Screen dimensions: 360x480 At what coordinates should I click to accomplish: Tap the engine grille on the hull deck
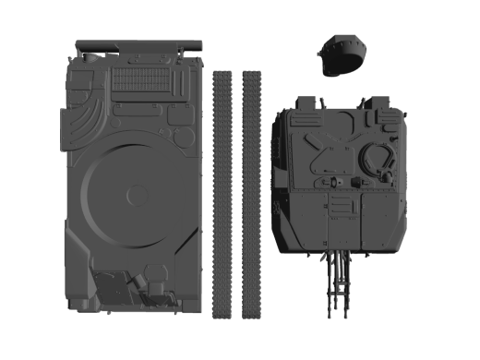(140, 81)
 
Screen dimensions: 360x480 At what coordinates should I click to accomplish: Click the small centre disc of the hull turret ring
(137, 195)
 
